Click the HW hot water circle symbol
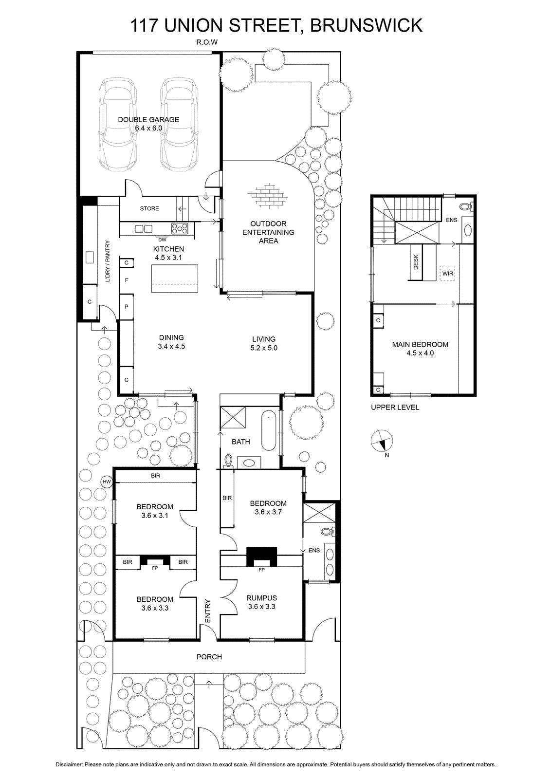coord(107,482)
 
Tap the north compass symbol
coord(382,441)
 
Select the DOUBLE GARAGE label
coord(148,120)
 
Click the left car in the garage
coord(118,124)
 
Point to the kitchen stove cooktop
coord(180,228)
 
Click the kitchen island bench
coord(175,278)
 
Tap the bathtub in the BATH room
coord(268,431)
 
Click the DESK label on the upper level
coord(416,262)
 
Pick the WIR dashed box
coord(447,273)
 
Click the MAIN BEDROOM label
coord(420,344)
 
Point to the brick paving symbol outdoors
coord(268,196)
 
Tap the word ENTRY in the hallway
coord(208,611)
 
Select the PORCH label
coord(209,657)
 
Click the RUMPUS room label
coord(261,598)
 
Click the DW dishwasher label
coord(163,240)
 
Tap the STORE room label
coord(149,208)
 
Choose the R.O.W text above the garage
coord(207,42)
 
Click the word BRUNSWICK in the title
coord(366,25)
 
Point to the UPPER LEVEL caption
coord(395,407)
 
